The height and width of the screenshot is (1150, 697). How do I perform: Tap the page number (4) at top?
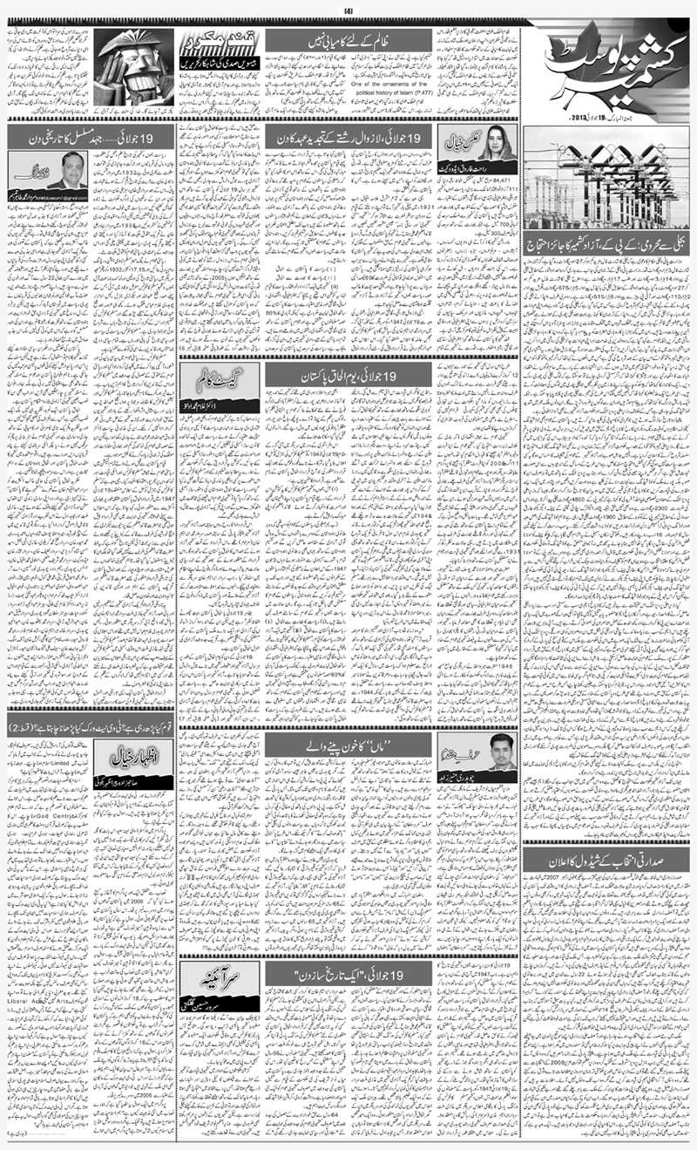coord(348,10)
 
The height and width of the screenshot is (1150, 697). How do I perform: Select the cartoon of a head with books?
coord(132,67)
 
